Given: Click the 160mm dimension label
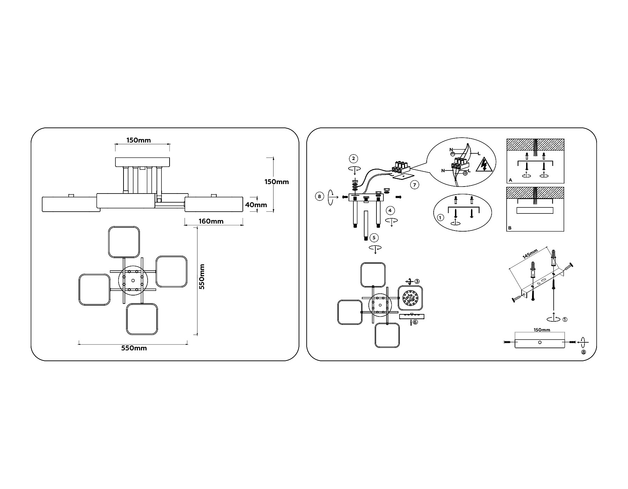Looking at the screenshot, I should (x=211, y=221).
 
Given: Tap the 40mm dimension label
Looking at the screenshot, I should (x=256, y=205).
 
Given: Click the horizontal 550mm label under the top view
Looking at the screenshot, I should (x=134, y=348).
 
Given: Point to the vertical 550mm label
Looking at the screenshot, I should (x=202, y=276).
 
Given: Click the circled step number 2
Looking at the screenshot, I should (x=353, y=159).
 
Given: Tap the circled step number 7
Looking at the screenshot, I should (x=414, y=184).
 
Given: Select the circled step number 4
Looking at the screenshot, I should (x=390, y=210).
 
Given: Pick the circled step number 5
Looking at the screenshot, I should (x=374, y=238).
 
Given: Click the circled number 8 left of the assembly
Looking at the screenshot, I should (x=319, y=197).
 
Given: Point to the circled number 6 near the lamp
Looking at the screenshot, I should (x=415, y=322).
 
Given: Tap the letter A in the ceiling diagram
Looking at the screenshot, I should (x=510, y=180).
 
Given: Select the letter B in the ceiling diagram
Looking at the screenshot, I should (x=510, y=228).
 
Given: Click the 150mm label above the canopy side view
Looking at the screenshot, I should (x=139, y=140).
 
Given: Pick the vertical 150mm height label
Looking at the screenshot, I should (x=276, y=182).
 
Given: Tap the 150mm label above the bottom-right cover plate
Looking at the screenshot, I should (x=542, y=330).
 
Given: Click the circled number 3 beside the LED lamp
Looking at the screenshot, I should (x=417, y=281).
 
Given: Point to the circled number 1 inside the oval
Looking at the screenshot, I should (x=440, y=218).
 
